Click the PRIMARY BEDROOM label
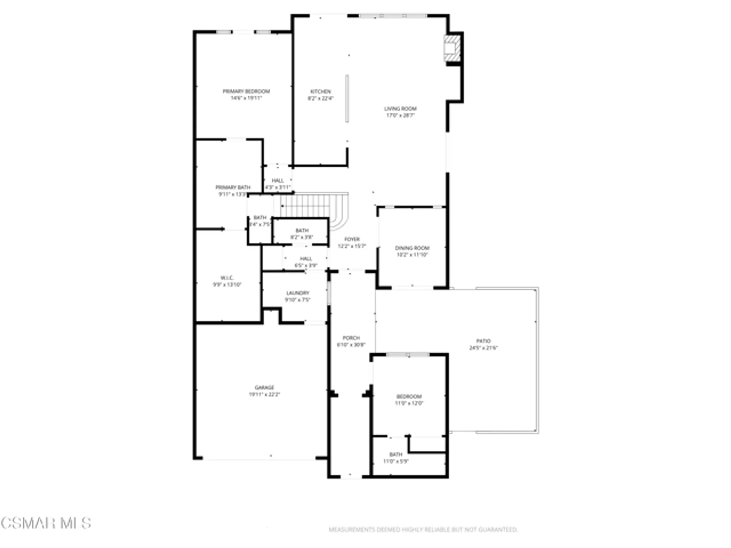tap(246, 91)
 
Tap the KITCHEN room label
tap(321, 92)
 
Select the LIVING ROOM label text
tap(400, 109)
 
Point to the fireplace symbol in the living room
tap(451, 48)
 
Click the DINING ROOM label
tap(412, 248)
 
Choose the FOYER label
tap(352, 239)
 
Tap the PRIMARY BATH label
tap(233, 187)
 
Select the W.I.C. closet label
tap(227, 278)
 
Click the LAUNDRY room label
tap(298, 293)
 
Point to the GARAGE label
tap(264, 388)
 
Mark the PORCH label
tap(351, 338)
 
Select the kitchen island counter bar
tap(347, 99)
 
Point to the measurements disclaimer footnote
tap(423, 529)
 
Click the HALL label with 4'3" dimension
tap(277, 181)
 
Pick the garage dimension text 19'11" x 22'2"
tap(264, 395)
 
